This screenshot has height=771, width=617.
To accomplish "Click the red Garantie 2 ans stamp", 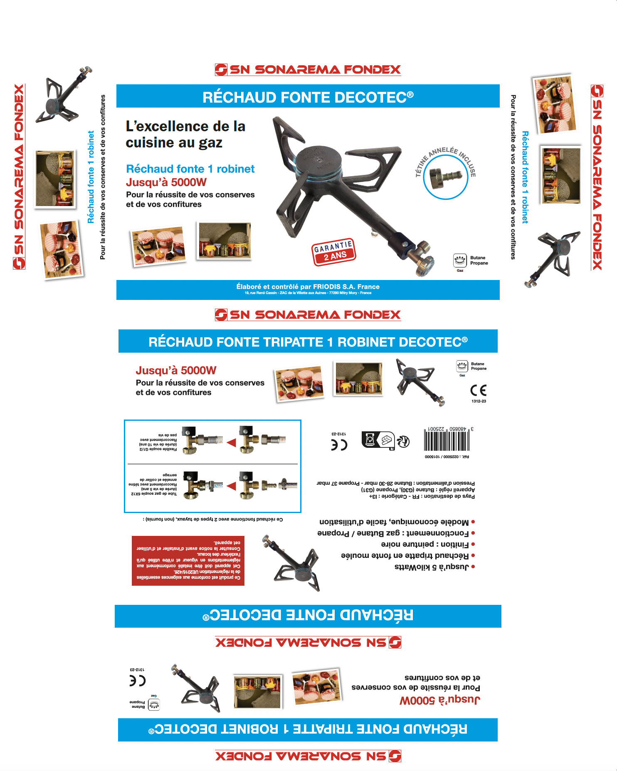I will [x=334, y=252].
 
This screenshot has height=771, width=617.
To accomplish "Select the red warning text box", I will [x=188, y=560].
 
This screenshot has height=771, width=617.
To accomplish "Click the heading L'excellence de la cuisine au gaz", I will [x=185, y=134].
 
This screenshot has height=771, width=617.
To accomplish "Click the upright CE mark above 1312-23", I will [x=478, y=390].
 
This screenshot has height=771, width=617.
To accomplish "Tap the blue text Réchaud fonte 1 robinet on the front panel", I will [x=190, y=169].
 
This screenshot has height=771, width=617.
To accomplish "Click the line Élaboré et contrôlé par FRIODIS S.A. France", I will [x=308, y=287].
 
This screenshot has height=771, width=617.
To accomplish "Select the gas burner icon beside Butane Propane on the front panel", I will [x=460, y=260].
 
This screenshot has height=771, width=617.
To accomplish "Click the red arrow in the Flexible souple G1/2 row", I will [x=231, y=443].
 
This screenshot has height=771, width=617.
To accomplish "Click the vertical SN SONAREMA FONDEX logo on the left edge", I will [x=19, y=177].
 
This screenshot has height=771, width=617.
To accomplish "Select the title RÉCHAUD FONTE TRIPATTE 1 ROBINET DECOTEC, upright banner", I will [x=308, y=341].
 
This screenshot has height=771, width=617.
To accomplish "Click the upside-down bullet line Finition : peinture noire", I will [x=424, y=544].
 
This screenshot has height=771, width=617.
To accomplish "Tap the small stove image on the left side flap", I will [x=63, y=96].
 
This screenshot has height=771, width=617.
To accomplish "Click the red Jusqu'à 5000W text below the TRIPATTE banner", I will [x=176, y=371].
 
